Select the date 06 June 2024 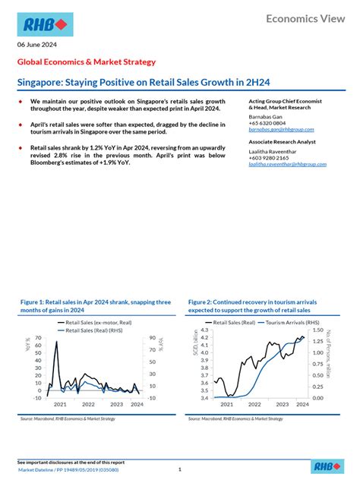click(x=36, y=45)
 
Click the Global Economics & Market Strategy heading click(x=87, y=62)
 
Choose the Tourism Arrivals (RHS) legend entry click(x=278, y=323)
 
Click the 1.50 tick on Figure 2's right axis click(x=318, y=330)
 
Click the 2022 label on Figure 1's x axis click(x=88, y=405)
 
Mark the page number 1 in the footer click(x=179, y=469)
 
